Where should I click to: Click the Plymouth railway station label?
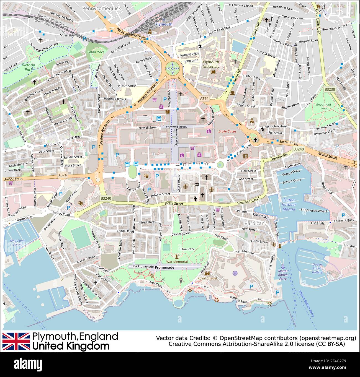tap(163, 24)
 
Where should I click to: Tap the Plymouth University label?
tap(211, 64)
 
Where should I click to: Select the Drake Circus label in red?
tap(227, 131)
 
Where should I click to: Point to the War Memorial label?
tap(177, 262)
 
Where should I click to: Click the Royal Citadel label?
tap(207, 278)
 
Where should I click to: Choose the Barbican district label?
tap(254, 223)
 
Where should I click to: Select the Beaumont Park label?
tap(324, 106)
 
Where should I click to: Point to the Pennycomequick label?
tap(102, 9)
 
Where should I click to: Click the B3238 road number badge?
tap(330, 89)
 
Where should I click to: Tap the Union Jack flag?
tap(16, 341)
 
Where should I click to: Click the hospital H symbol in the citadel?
tap(235, 273)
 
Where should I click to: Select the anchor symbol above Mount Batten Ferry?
tap(283, 266)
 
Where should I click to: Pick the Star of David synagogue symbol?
tap(197, 184)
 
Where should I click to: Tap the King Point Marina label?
tap(17, 243)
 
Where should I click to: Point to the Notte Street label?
tap(174, 204)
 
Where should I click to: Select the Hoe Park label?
tap(187, 249)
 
